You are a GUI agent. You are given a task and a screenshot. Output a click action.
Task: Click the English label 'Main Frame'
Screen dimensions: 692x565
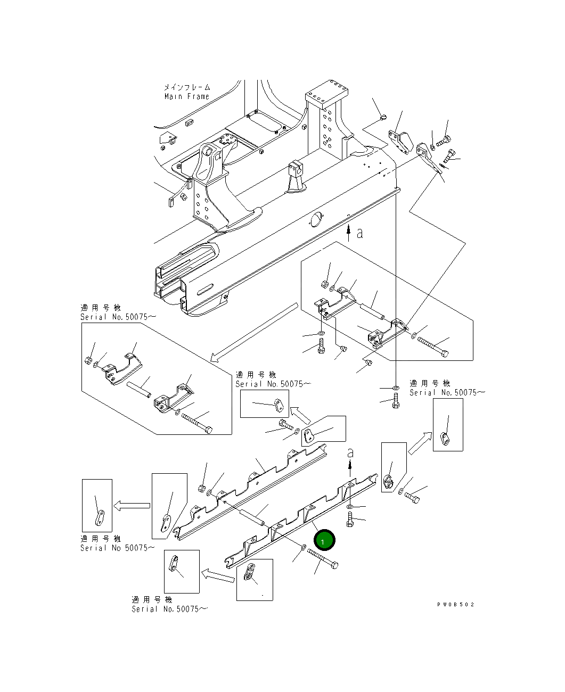pyautogui.click(x=186, y=96)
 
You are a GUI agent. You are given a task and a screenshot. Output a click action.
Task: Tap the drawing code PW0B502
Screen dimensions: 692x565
pyautogui.click(x=455, y=605)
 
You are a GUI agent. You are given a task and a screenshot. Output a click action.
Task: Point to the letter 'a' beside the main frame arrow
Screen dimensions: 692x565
pyautogui.click(x=360, y=233)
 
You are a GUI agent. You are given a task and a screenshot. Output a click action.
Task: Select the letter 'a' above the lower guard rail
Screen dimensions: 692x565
pyautogui.click(x=350, y=452)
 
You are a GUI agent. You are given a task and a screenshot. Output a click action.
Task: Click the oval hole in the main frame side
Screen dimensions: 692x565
pyautogui.click(x=316, y=218)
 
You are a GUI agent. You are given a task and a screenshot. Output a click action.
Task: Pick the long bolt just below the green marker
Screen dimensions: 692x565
pyautogui.click(x=323, y=560)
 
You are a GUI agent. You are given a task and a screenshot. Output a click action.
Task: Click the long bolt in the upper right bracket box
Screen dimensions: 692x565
pyautogui.click(x=432, y=345)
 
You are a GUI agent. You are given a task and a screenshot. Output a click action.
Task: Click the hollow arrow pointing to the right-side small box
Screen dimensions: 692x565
pyautogui.click(x=420, y=443)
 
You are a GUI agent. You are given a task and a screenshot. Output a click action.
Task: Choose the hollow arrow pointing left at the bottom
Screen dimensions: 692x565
pyautogui.click(x=218, y=575)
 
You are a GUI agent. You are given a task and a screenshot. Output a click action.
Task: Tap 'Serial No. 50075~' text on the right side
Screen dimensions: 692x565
pyautogui.click(x=447, y=392)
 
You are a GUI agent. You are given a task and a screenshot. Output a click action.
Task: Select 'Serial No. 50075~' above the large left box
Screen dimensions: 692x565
pyautogui.click(x=118, y=317)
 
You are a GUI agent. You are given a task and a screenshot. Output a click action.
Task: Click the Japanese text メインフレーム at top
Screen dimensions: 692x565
pyautogui.click(x=186, y=87)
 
